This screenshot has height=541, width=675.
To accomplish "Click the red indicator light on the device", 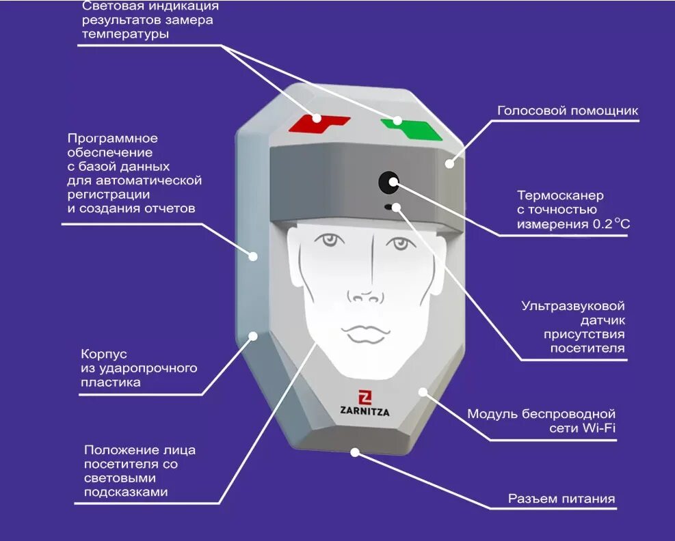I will coord(319,123).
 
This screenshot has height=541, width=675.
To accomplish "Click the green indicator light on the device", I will coord(412,126).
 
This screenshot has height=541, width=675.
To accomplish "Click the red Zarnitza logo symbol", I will coord(365,397).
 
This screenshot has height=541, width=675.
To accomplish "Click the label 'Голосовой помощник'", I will coord(567,111).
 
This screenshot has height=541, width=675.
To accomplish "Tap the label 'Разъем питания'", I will coord(561,499).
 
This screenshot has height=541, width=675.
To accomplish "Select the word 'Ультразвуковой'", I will coord(573,306).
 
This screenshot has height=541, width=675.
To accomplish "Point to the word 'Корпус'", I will coord(104,354).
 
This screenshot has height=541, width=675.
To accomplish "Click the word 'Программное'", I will coord(112,139).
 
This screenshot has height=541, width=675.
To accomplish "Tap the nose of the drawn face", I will coord(365,295).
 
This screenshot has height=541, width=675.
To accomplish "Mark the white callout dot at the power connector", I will coord(355,452).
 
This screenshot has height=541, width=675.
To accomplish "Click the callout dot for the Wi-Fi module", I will coord(423,391).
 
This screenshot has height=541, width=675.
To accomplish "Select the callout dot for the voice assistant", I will coord(449,163).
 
